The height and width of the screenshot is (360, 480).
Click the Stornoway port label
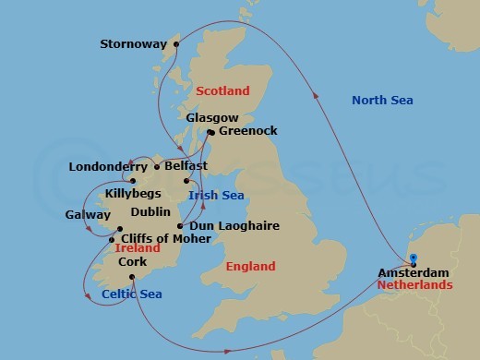(x=137, y=43)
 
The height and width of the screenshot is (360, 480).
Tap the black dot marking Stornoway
(x=176, y=42)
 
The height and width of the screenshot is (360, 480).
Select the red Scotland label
(x=222, y=90)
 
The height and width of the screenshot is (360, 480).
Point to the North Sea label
(x=382, y=100)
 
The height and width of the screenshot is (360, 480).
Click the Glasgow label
(x=212, y=118)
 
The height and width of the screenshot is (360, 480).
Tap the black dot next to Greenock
(x=211, y=132)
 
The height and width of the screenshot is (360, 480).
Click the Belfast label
(x=185, y=167)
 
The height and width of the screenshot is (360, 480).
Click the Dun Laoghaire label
(x=226, y=225)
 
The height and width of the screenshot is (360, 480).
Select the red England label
(x=250, y=267)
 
